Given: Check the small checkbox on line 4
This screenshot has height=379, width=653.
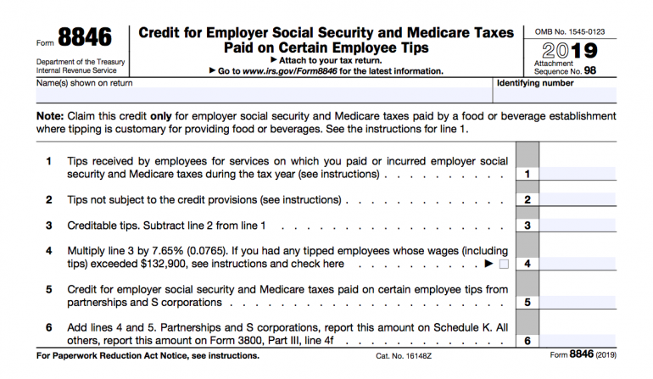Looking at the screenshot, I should point(505,265).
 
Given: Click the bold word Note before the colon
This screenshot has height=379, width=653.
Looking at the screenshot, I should point(49,115).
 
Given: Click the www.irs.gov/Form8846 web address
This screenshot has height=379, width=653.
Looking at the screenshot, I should point(296,71).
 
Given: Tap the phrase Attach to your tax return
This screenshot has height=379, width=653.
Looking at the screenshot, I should point(326,60).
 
